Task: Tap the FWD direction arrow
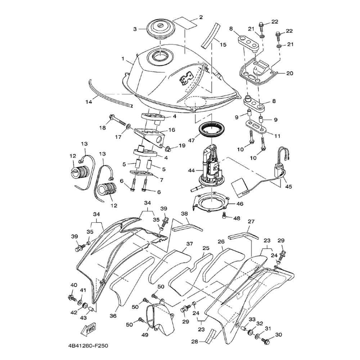point(89,330)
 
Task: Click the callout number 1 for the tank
point(123,59)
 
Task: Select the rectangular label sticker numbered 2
point(185,23)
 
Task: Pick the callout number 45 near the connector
point(288,186)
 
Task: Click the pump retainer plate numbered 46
point(211,202)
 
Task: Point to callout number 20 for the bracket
point(290,73)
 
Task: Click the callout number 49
point(145,335)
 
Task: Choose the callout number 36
point(113,316)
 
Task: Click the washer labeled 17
point(129,126)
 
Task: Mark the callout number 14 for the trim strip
point(89,102)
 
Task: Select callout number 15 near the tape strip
point(223,44)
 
